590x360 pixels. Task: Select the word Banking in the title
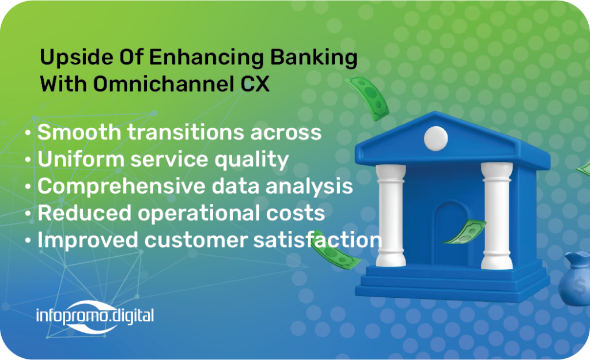pos(314,58)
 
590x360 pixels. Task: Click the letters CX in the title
pos(255,84)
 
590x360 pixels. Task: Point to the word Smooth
pos(79,132)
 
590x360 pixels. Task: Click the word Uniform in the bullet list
pos(81,159)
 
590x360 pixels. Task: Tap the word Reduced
pos(84,213)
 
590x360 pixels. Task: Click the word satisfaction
pos(318,240)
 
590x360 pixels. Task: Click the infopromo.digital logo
pos(95,316)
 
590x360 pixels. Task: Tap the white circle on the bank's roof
pos(436,138)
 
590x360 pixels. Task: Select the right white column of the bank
pos(497,216)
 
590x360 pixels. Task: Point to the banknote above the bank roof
pos(367,98)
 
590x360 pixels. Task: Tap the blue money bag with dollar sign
pos(575,279)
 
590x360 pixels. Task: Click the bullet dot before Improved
pos(28,240)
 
